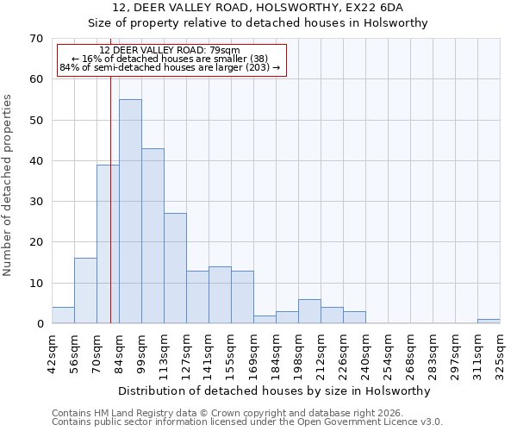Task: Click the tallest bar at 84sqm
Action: click(130, 211)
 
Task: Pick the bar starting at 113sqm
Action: click(175, 268)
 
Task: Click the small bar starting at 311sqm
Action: click(489, 322)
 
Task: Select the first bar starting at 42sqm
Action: click(63, 315)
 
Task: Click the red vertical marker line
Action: click(111, 215)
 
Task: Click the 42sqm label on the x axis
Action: click(53, 352)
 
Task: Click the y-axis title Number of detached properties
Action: click(9, 185)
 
